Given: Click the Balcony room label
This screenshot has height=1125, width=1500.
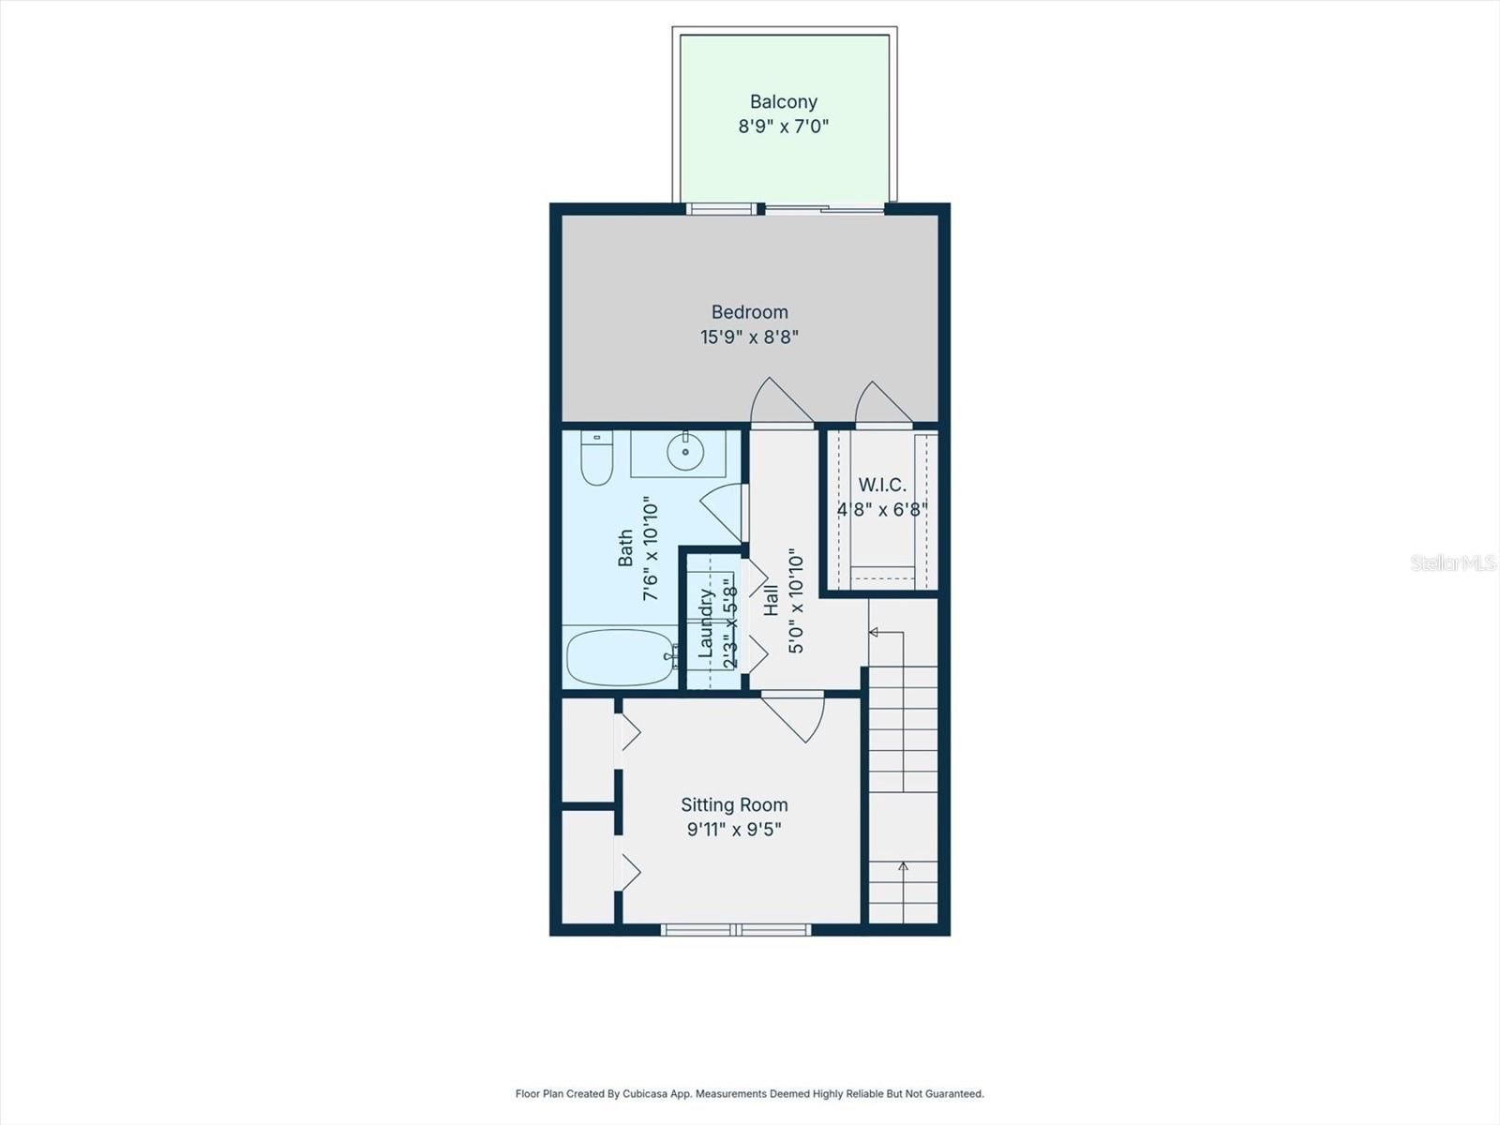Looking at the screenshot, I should pos(783,101).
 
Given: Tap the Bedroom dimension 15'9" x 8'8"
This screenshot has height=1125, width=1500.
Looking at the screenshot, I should pos(749,337).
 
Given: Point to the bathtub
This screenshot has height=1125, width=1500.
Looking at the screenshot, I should pos(620,656).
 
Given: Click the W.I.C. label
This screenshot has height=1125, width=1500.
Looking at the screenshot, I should pos(882,485).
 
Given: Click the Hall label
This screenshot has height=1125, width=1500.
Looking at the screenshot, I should pos(772,601).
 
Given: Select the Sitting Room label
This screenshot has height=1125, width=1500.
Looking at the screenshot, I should pos(734,804).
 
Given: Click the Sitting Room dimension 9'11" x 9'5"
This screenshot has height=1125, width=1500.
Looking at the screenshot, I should pos(734,830).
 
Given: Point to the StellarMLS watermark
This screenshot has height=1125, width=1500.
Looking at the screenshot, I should pos(1452,562).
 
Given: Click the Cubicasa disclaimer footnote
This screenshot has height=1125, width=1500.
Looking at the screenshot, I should pos(749,1093).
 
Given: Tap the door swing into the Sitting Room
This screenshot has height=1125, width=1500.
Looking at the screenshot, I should pos(797,717).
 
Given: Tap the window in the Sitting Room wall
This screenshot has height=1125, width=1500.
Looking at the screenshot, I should pos(736,929).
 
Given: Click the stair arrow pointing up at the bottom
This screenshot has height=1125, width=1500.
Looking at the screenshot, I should pos(903,866).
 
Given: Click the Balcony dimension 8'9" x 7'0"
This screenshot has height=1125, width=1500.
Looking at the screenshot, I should pos(783,127).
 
